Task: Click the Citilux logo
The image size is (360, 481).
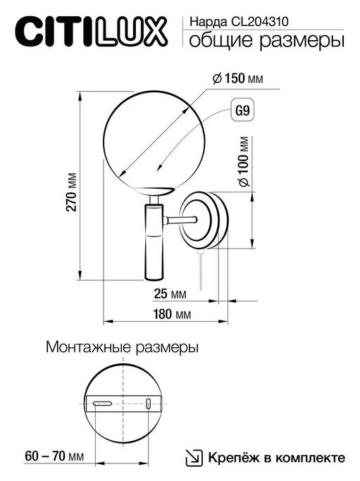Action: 92,31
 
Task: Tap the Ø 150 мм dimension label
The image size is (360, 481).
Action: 237,80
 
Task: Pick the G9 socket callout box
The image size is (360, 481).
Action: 243,112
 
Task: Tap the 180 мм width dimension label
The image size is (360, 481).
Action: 171,314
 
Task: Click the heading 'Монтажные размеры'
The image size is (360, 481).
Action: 122,348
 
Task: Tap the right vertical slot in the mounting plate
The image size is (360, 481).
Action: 149,404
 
